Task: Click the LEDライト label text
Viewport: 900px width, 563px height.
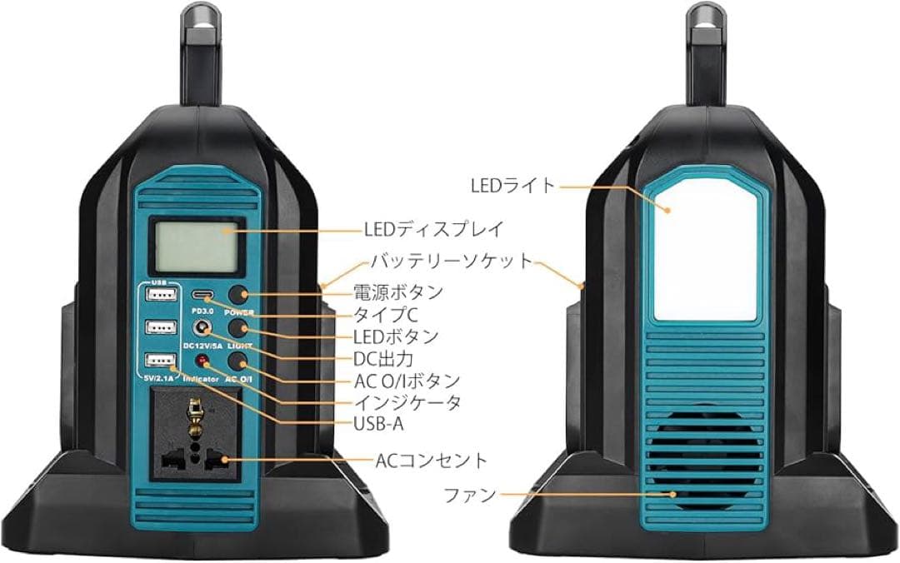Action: [512, 186]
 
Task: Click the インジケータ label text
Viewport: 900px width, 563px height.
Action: [407, 402]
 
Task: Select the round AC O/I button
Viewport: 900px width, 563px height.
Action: [240, 360]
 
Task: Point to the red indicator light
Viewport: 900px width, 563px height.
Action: [201, 360]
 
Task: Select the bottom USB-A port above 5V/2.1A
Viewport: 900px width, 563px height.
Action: [160, 361]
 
